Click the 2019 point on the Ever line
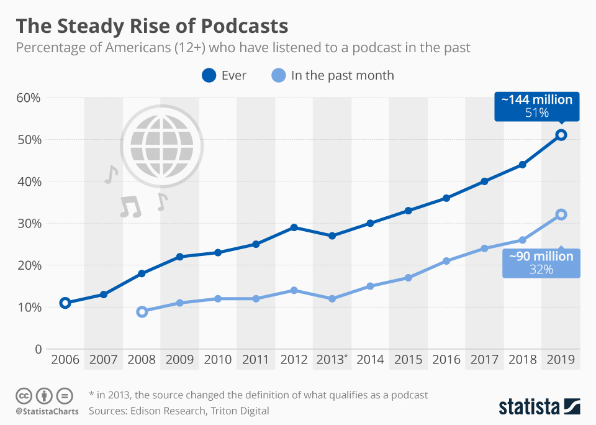pyautogui.click(x=561, y=135)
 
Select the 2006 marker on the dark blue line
pyautogui.click(x=65, y=303)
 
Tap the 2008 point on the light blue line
pyautogui.click(x=142, y=311)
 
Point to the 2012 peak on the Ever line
pyautogui.click(x=294, y=227)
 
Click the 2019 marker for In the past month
pyautogui.click(x=561, y=214)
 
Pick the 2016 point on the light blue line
pyautogui.click(x=446, y=261)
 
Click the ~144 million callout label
pyautogui.click(x=537, y=106)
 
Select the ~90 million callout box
pyautogui.click(x=541, y=263)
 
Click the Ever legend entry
pyautogui.click(x=223, y=76)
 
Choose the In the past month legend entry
pyautogui.click(x=333, y=76)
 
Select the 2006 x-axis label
pyautogui.click(x=65, y=359)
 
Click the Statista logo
pyautogui.click(x=540, y=407)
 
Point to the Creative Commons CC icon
pyautogui.click(x=24, y=395)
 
